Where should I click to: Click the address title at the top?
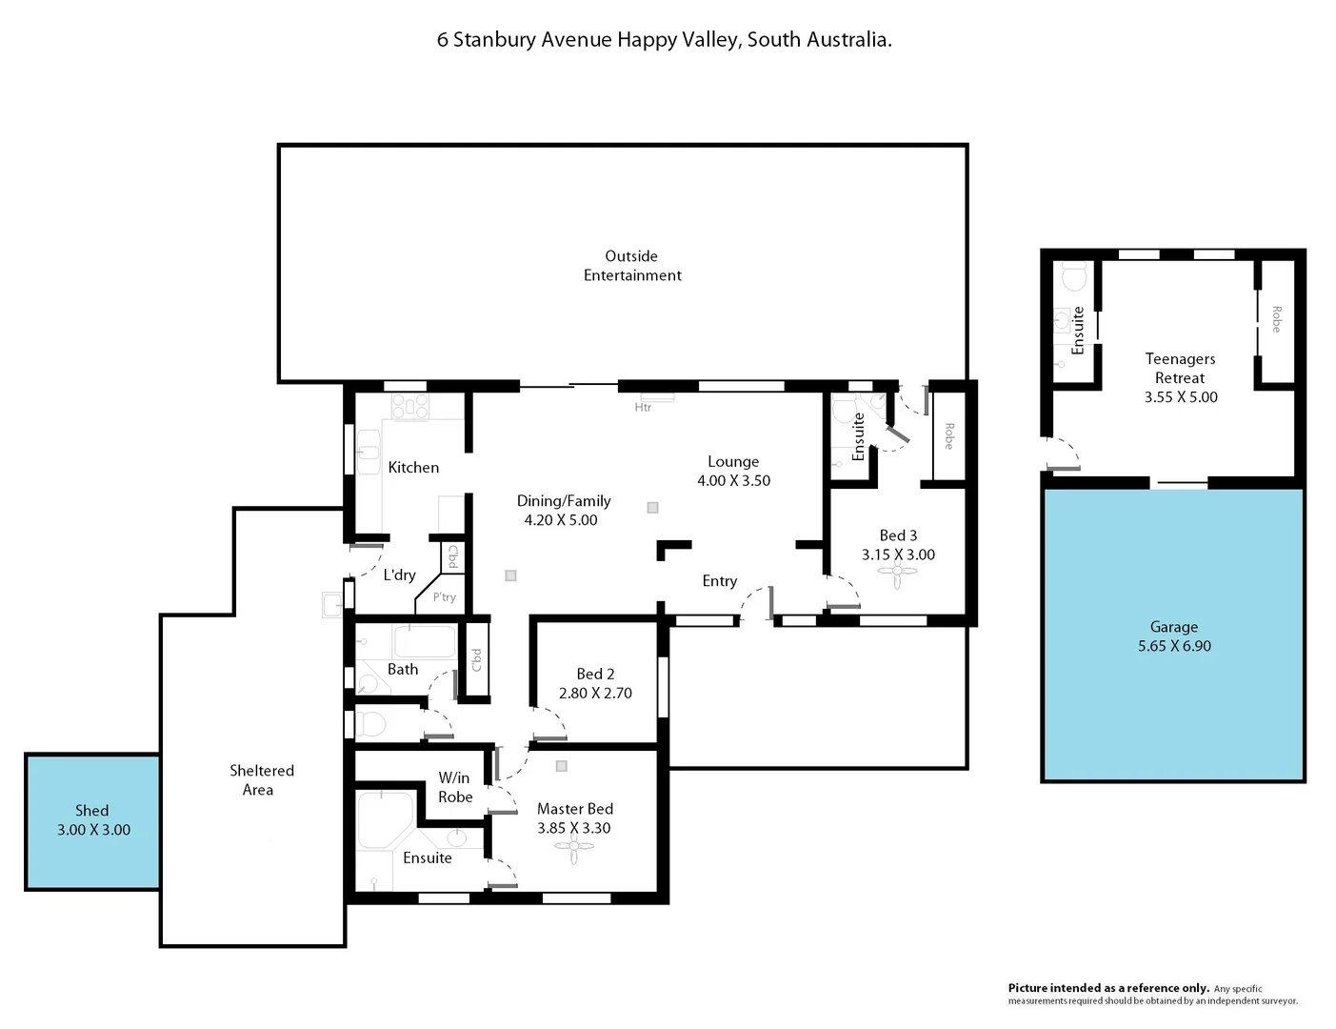click(x=664, y=40)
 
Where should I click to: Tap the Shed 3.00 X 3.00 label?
click(x=93, y=820)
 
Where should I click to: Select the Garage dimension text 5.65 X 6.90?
click(x=1173, y=646)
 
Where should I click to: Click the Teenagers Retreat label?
click(x=1180, y=368)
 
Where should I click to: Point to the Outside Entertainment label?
click(x=632, y=266)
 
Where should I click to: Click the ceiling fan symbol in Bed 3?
click(x=897, y=574)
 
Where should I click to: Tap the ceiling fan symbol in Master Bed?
click(x=573, y=848)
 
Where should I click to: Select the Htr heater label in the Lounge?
click(x=643, y=408)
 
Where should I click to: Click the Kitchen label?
click(x=413, y=467)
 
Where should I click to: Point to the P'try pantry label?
click(x=444, y=597)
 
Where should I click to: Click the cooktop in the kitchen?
click(x=410, y=407)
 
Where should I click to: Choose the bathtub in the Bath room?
click(x=425, y=640)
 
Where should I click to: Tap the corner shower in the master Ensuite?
click(x=385, y=818)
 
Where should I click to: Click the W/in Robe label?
click(x=455, y=787)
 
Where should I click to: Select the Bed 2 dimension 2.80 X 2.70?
click(x=595, y=693)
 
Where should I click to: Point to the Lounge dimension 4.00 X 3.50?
click(x=733, y=480)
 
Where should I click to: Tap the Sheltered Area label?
click(x=261, y=779)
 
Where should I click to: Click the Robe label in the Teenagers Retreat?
click(x=1276, y=319)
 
